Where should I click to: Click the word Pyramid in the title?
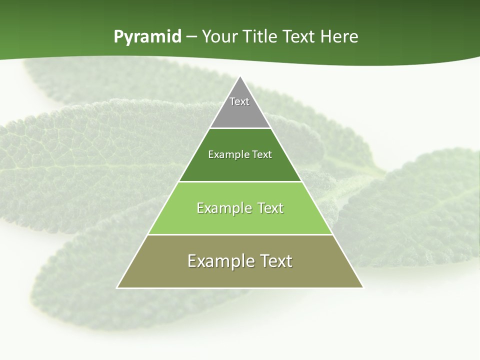147,37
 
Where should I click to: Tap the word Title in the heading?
261,36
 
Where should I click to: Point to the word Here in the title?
339,36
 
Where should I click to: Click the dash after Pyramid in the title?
191,37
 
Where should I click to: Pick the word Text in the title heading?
299,36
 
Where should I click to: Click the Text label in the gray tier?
239,101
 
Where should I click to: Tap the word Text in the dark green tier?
262,154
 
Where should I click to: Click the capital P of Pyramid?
118,36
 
